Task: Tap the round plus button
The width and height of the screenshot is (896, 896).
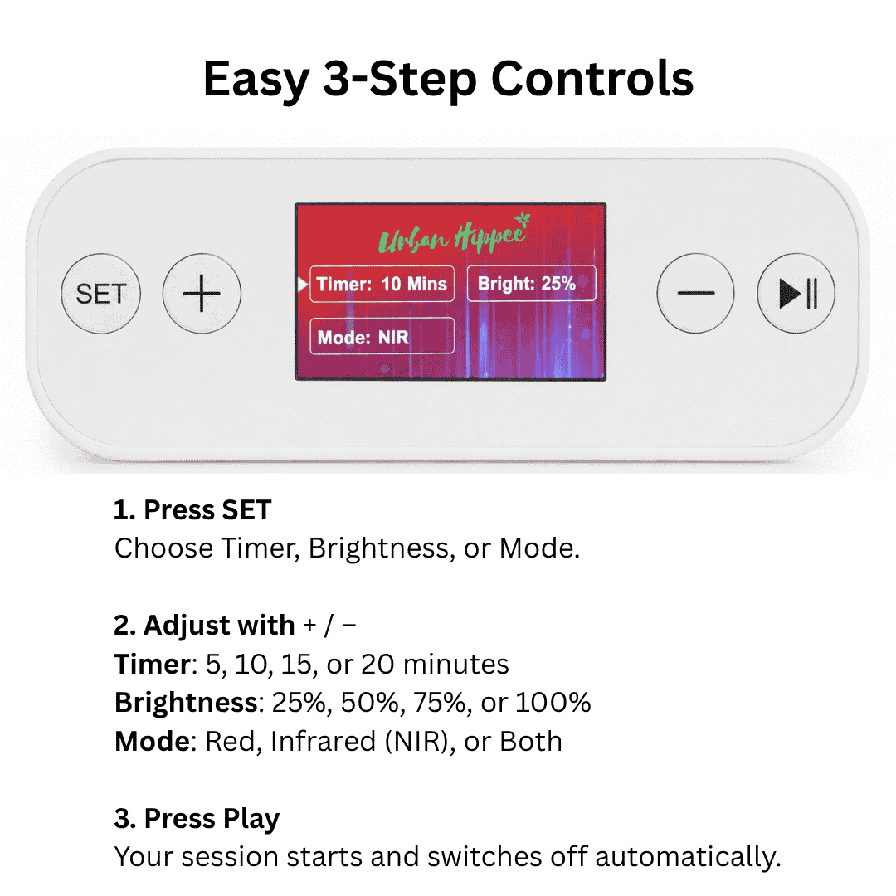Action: [x=202, y=293]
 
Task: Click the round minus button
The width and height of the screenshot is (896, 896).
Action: [x=695, y=293]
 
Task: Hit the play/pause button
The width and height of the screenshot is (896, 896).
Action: [x=796, y=293]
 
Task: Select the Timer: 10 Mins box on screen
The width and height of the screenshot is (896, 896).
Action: [x=382, y=284]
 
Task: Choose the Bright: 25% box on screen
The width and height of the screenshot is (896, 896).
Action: [x=532, y=283]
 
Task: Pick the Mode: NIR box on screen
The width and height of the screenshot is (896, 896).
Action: [x=382, y=336]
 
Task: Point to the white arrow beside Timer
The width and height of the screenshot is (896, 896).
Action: [x=302, y=284]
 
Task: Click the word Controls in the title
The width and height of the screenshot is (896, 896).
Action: [x=592, y=79]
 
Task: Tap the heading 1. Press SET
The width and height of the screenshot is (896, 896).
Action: [x=192, y=509]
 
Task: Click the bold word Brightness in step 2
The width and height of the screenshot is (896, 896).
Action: [x=187, y=703]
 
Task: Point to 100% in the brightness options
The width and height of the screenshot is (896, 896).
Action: [x=553, y=703]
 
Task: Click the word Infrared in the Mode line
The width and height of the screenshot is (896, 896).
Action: [x=323, y=741]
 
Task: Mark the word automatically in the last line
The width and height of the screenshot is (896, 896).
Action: [x=688, y=857]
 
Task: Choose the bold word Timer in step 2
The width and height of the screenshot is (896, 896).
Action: [x=152, y=664]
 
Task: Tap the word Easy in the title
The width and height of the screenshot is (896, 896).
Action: [x=256, y=80]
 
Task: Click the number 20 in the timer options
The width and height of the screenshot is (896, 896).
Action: [x=377, y=664]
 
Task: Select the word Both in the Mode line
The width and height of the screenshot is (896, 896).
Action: [x=531, y=741]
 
